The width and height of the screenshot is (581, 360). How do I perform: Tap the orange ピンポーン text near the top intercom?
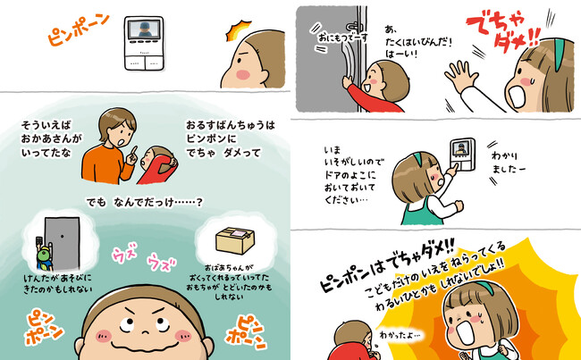(x=79, y=29)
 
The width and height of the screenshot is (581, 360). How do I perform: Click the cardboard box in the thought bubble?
(x=235, y=240)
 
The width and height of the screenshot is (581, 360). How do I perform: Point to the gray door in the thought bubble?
(x=62, y=244)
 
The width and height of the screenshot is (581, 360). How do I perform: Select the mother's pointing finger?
(x=133, y=152)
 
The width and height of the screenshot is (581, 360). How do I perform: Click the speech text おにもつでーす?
(x=342, y=38)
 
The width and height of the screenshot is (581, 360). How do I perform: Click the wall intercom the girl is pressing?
(x=462, y=154)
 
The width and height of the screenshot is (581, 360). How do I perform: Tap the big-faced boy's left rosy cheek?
(x=104, y=336)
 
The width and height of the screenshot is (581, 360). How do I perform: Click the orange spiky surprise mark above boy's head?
(x=238, y=30)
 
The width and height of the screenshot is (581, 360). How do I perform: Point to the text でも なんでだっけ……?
(x=145, y=202)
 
